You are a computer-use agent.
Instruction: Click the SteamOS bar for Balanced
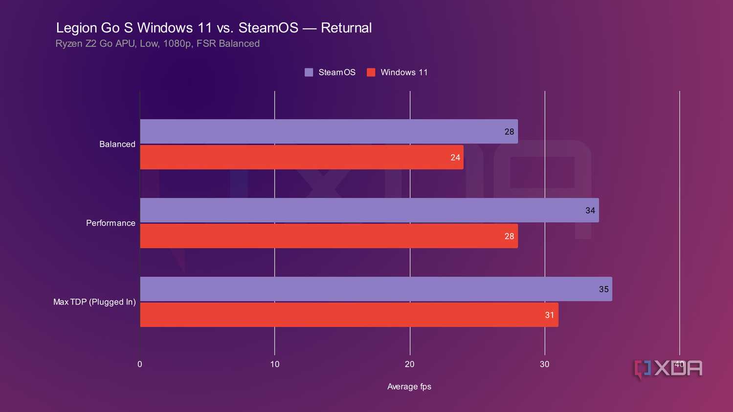329,131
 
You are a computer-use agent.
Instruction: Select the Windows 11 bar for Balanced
302,157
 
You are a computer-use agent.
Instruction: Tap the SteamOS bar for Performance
369,210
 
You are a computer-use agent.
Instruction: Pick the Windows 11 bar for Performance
329,236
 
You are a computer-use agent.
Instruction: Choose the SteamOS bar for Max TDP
376,289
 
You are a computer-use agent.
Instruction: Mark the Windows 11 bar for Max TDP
349,315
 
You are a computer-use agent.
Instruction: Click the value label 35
603,289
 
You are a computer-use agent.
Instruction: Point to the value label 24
455,158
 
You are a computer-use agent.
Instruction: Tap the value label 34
590,211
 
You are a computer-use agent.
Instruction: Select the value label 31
550,315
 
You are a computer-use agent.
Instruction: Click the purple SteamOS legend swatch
309,72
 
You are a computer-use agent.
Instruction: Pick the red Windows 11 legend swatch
371,72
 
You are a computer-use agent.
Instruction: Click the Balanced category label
117,144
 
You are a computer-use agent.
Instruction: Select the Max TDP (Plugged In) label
94,302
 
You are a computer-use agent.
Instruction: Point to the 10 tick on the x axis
275,364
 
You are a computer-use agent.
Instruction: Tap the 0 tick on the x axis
140,364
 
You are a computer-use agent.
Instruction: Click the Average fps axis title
409,387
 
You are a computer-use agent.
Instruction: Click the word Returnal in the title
346,28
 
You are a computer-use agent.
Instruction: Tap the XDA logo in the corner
668,369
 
